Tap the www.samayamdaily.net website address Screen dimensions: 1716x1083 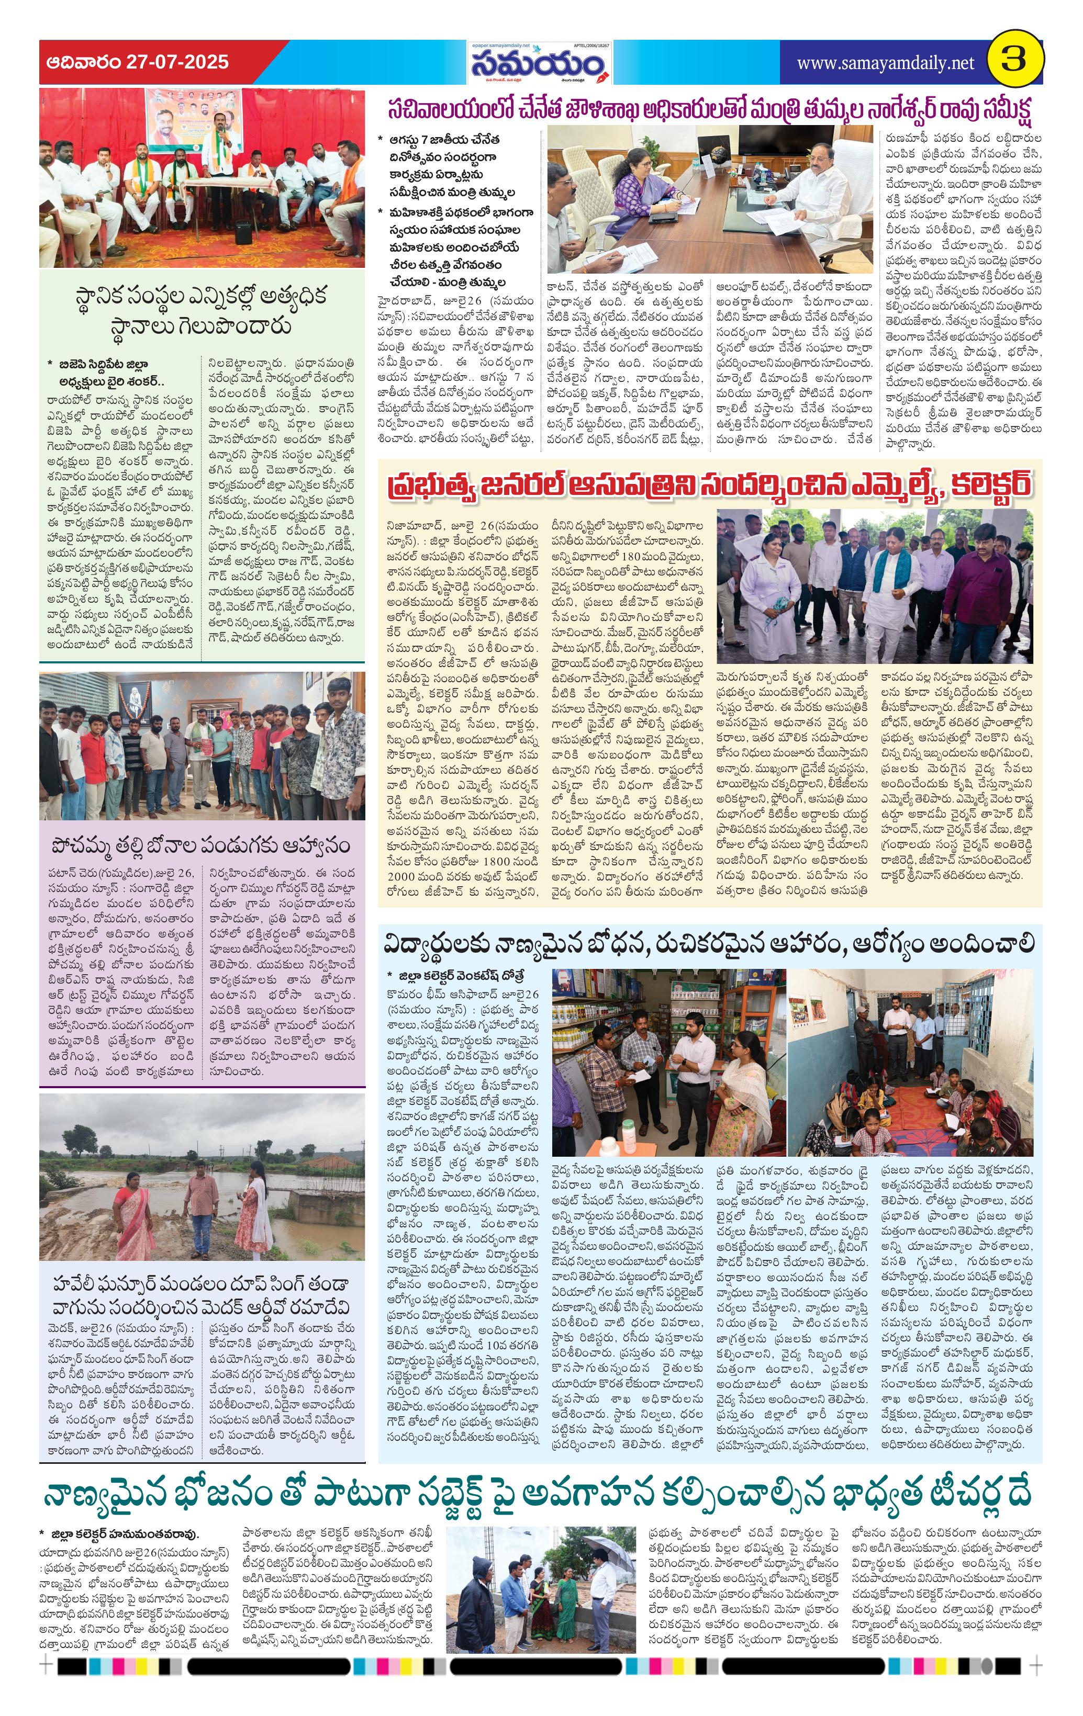point(885,63)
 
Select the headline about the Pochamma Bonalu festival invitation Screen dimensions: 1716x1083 point(202,845)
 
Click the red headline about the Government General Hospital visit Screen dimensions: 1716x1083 point(709,484)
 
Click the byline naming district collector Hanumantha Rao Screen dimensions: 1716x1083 point(124,1531)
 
